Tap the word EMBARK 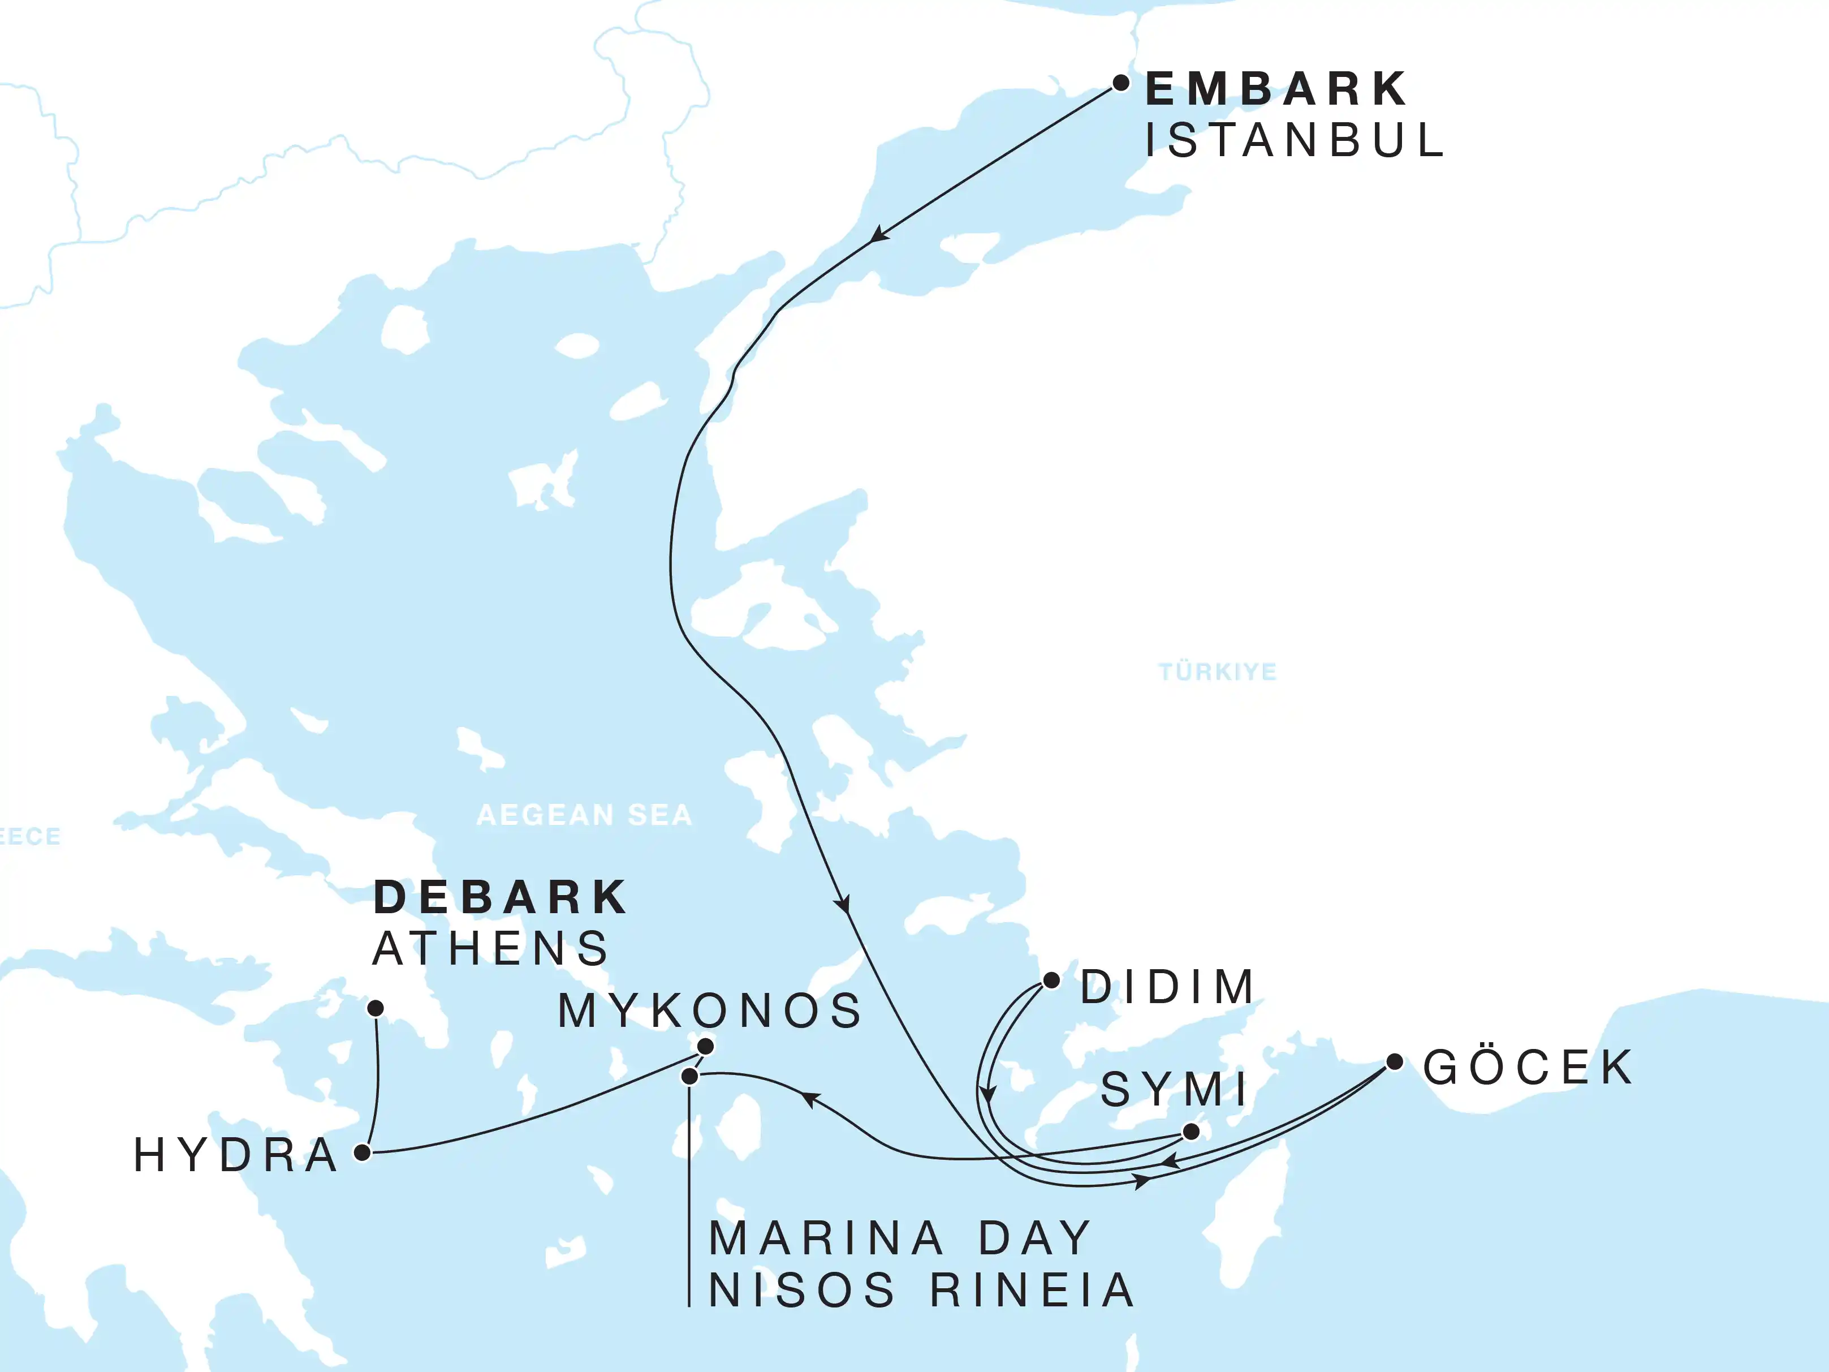pos(1276,89)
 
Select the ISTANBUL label pos(1294,140)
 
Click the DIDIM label pos(1167,987)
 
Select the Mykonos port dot pos(705,1047)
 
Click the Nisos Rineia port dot pos(689,1077)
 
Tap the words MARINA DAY pos(900,1238)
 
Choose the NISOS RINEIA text pos(921,1290)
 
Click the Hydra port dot pos(362,1152)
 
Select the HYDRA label pos(236,1155)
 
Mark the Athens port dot pos(376,1008)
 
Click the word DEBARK pos(501,897)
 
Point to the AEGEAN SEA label pos(584,815)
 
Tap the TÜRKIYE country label pos(1217,672)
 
